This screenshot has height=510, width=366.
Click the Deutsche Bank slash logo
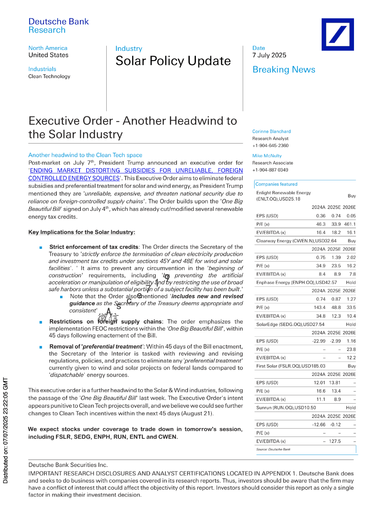tap(337, 34)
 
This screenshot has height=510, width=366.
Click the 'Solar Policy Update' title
tap(173, 61)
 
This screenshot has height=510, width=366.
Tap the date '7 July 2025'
tap(269, 55)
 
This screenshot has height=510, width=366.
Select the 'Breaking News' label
tap(283, 70)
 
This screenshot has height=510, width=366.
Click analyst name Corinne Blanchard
tap(271, 131)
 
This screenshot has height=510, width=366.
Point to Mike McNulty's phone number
tap(270, 170)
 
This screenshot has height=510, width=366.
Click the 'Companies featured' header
tap(276, 184)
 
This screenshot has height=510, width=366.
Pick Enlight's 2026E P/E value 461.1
tap(350, 224)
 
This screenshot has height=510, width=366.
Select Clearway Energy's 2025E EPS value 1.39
tap(336, 257)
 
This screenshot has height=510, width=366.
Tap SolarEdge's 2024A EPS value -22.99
tap(319, 341)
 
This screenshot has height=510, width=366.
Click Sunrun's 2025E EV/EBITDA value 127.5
tap(335, 441)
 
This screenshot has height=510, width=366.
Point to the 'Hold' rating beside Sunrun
tap(351, 408)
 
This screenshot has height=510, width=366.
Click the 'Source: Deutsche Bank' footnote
tap(273, 449)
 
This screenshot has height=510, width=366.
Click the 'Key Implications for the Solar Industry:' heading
tap(82, 232)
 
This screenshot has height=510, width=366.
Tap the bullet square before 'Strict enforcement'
tap(41, 247)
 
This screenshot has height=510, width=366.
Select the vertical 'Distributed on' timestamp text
tap(5, 430)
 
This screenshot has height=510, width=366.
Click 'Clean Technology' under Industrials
tap(49, 76)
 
